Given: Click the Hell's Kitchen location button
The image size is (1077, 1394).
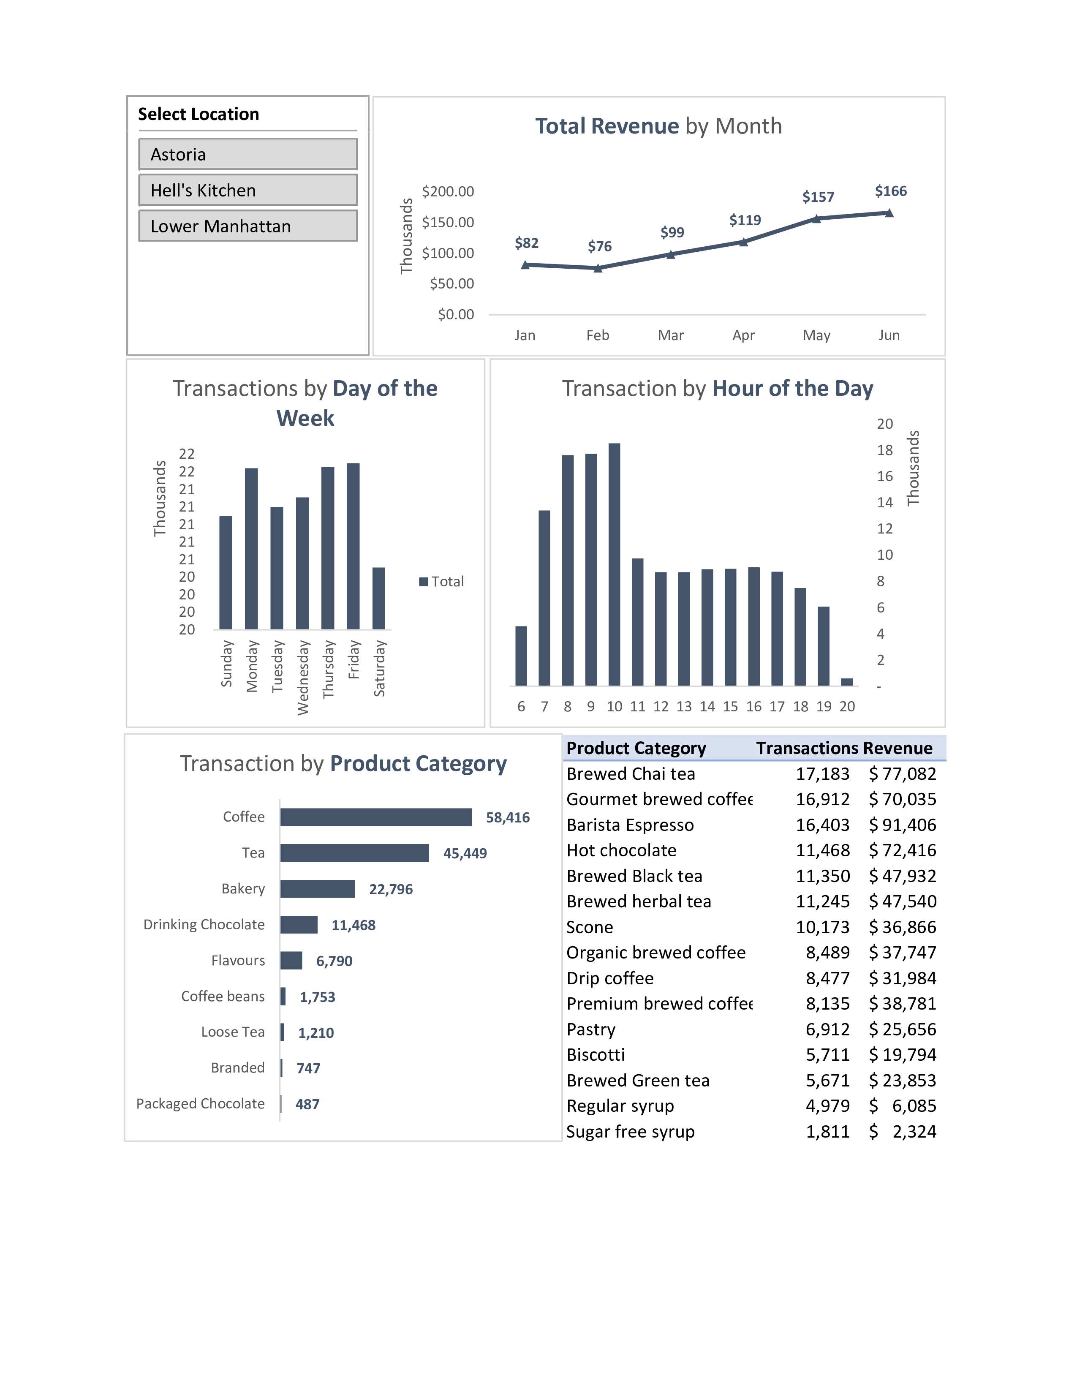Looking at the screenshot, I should click(247, 190).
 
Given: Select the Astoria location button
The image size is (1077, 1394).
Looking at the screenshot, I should click(247, 155).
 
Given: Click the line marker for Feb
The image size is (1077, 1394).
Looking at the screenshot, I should click(598, 269).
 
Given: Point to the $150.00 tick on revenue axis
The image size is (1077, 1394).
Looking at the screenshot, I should click(448, 222).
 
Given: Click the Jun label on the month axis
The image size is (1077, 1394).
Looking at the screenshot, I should click(889, 335).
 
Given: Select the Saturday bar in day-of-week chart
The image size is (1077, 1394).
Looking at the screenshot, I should click(378, 598).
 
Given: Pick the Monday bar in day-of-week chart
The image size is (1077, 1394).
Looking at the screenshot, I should click(251, 549).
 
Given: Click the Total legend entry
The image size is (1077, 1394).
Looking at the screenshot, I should click(441, 582).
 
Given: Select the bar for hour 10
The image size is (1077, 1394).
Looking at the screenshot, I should click(614, 564).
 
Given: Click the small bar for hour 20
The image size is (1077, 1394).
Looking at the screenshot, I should click(847, 682).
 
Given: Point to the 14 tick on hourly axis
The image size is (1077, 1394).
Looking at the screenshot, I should click(884, 502).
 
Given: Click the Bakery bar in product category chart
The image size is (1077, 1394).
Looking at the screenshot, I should click(317, 888).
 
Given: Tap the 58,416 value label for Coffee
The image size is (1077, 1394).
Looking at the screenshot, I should click(507, 818).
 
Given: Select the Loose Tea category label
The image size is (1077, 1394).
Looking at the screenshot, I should click(232, 1032).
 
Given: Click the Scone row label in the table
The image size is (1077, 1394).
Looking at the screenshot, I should click(590, 927).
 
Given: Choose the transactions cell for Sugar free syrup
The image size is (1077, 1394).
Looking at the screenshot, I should click(827, 1132).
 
